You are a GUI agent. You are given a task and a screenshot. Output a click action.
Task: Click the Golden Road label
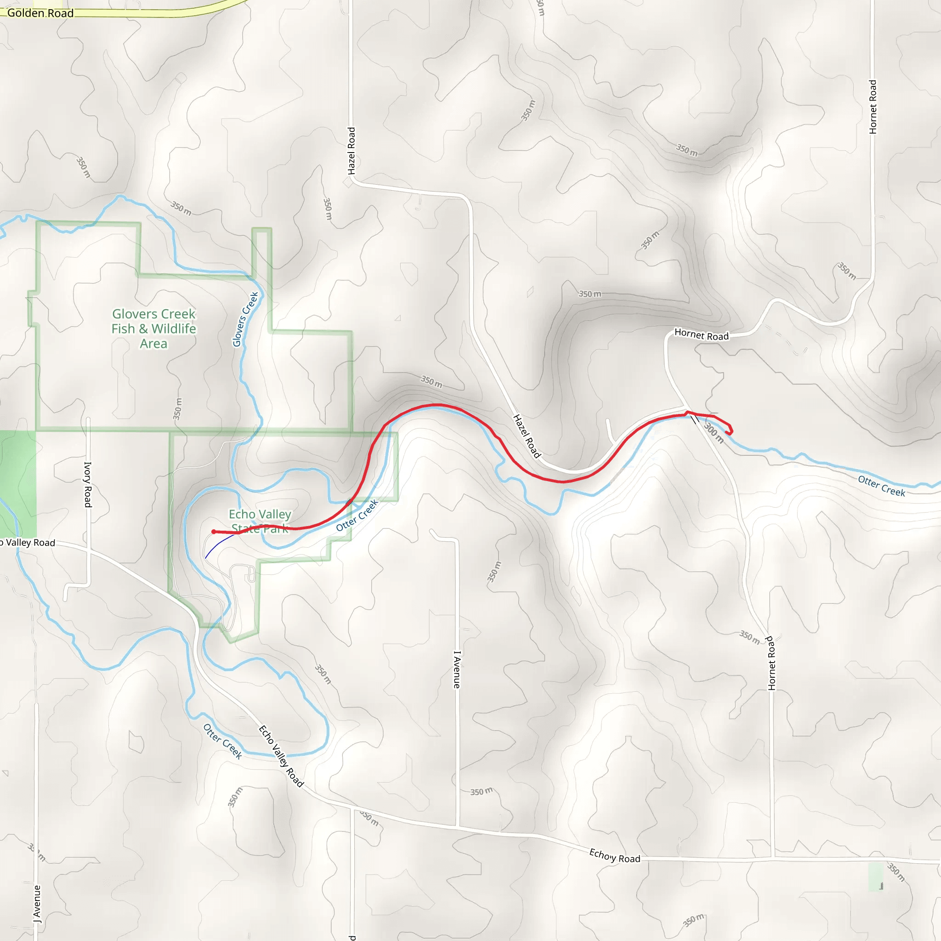pos(40,13)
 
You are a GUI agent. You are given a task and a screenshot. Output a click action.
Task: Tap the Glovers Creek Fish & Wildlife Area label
pos(153,329)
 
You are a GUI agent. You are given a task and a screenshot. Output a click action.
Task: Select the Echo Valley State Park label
pos(260,521)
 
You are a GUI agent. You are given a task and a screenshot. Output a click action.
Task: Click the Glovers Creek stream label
pos(245,319)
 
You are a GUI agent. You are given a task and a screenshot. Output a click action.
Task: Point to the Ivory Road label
pos(88,485)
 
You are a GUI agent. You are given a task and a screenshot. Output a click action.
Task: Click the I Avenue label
pos(456,670)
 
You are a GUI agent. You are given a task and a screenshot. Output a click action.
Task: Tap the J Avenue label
pos(37,904)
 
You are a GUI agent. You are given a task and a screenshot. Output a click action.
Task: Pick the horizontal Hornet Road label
pos(701,335)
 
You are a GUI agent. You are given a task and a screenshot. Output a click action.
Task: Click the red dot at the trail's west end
pos(214,532)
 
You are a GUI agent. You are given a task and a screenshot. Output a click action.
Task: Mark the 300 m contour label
pos(714,433)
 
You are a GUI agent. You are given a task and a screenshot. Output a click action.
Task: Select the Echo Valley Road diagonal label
pos(281,756)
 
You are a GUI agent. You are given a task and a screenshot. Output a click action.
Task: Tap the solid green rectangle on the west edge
pos(18,482)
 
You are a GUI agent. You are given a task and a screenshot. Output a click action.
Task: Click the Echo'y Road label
pos(615,856)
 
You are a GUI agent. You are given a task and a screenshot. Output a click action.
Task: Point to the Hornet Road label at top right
pos(873,107)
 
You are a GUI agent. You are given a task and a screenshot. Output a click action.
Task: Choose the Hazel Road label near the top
pos(351,151)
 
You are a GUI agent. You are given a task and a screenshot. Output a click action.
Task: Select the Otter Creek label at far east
pos(882,486)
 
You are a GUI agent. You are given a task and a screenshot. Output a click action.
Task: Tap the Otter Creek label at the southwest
pos(222,741)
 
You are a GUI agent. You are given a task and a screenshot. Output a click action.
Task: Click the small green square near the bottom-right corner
pos(875,876)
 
